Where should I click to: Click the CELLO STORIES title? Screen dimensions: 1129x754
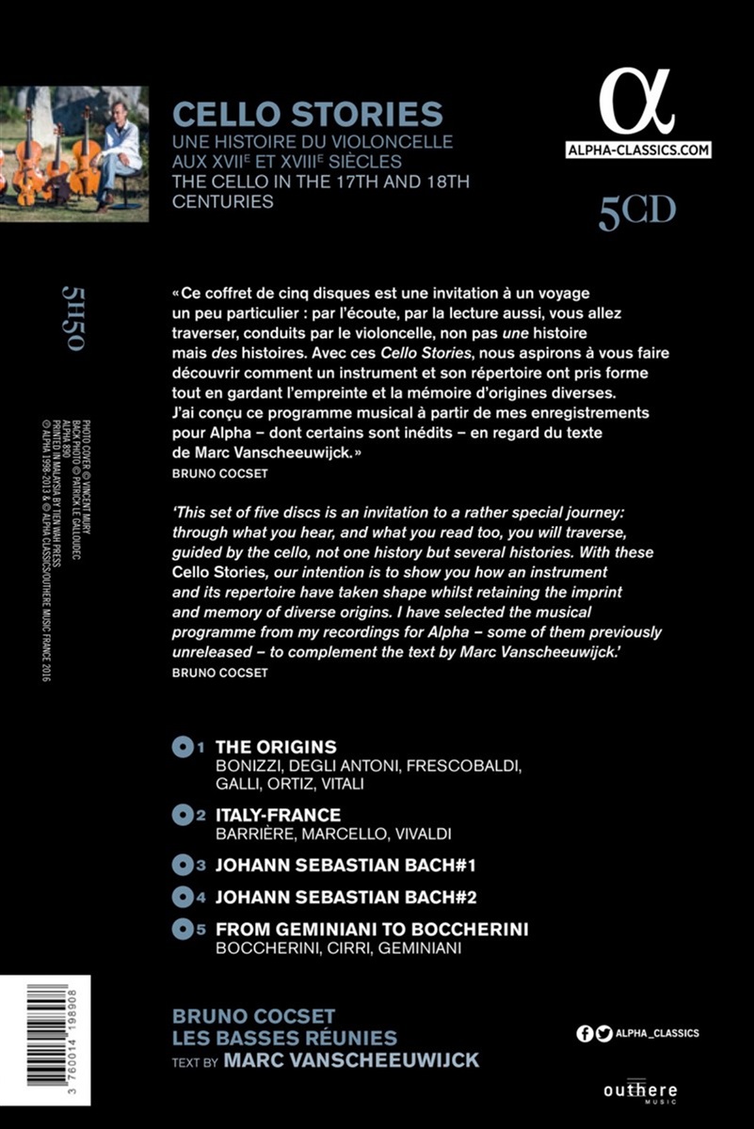click(x=308, y=115)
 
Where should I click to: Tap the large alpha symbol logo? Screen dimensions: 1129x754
click(x=637, y=103)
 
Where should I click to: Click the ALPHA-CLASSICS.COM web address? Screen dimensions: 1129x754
click(x=638, y=151)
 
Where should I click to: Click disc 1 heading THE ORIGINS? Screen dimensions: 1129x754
click(x=276, y=747)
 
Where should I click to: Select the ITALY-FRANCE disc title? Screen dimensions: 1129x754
click(x=279, y=815)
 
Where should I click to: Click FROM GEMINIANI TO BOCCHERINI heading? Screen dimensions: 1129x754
click(x=372, y=930)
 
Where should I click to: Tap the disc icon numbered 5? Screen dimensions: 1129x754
click(x=183, y=930)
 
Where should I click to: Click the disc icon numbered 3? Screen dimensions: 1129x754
click(x=183, y=864)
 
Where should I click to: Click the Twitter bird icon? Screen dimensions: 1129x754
click(x=604, y=1034)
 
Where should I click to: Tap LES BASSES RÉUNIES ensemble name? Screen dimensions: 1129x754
click(x=285, y=1038)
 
